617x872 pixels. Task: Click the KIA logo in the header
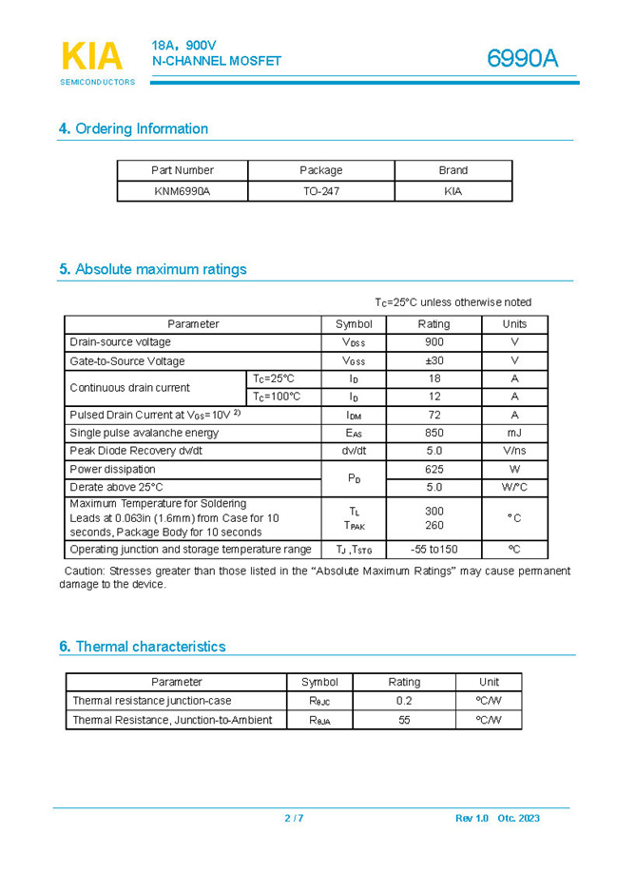point(92,58)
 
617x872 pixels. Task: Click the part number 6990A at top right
point(522,59)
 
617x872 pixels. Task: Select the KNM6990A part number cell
point(182,191)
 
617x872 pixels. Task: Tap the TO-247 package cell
point(320,191)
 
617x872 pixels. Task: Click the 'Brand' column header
point(453,170)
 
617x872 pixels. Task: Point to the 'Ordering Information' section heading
point(133,128)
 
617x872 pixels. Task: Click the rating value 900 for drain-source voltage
point(434,342)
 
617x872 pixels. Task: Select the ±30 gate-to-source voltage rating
point(434,361)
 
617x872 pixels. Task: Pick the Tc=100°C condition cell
point(277,397)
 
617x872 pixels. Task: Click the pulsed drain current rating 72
point(434,415)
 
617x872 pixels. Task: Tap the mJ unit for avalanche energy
point(514,433)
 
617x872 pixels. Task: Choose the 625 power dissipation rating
point(434,469)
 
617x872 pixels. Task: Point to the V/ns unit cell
point(514,451)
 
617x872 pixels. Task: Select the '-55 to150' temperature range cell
point(434,550)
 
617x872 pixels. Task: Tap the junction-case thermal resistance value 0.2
point(404,701)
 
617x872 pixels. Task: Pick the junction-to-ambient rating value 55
point(404,720)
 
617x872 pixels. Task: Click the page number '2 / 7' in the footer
point(294,819)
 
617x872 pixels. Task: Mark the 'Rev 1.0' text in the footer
point(472,819)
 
